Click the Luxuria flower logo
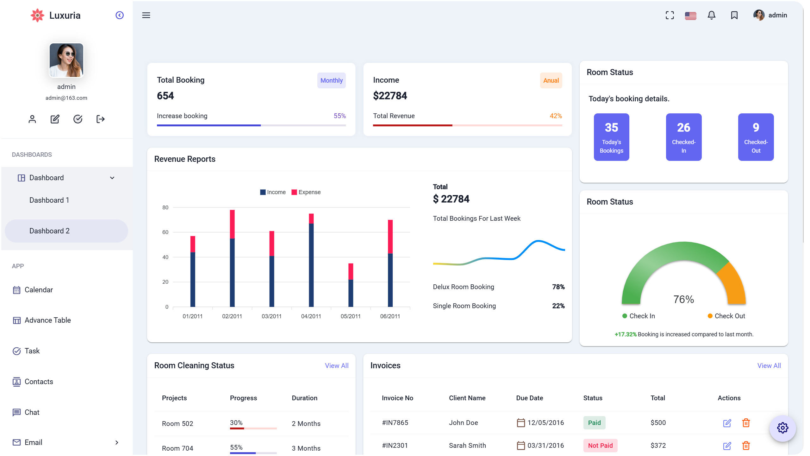click(37, 15)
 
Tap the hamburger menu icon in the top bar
click(146, 15)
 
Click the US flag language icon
click(690, 16)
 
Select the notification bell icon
click(711, 15)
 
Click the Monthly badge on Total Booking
click(331, 80)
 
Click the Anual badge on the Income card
click(551, 80)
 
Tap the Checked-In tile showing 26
click(683, 137)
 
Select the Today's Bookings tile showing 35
click(611, 137)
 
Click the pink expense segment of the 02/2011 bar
click(232, 224)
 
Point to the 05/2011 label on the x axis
click(350, 316)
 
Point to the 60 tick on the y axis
click(165, 232)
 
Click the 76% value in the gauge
click(683, 299)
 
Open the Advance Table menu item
click(47, 320)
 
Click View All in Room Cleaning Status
click(336, 366)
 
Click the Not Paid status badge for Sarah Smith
click(600, 446)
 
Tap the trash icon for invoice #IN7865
click(746, 423)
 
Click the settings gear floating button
click(782, 428)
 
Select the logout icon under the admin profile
click(100, 119)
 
